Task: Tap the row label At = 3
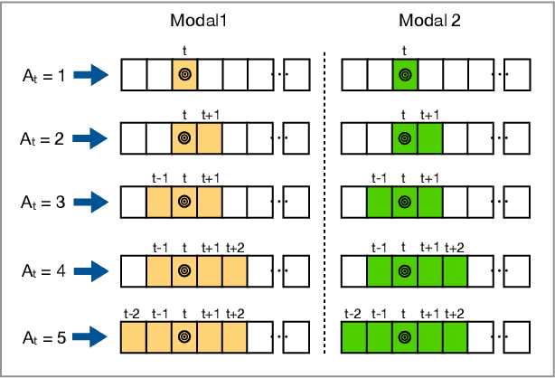coord(42,203)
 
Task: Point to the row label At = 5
coord(42,337)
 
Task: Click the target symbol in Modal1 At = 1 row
coord(184,75)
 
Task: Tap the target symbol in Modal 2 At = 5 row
coord(404,337)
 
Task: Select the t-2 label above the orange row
coord(132,313)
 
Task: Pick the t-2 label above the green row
coord(353,313)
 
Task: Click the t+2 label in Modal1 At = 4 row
coord(236,247)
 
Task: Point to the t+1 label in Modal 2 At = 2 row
coord(430,115)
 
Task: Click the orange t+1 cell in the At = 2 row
coord(210,139)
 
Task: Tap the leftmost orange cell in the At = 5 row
coord(133,337)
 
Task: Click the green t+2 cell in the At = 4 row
coord(455,269)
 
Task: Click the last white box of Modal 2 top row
coord(517,75)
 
